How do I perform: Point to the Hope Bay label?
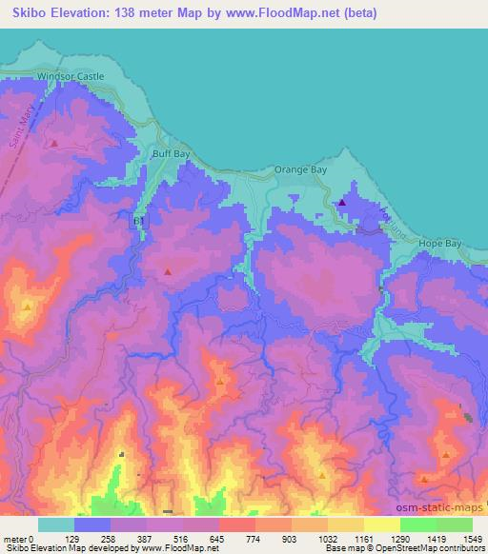(x=440, y=245)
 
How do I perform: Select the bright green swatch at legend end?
(x=454, y=524)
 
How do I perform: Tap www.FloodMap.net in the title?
(x=291, y=13)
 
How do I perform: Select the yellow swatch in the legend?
(x=381, y=524)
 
